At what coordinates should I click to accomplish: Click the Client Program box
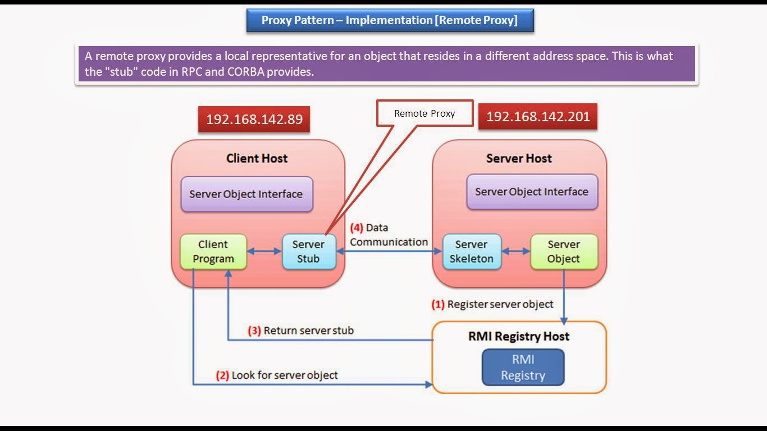pos(213,251)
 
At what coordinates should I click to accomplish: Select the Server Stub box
pos(308,251)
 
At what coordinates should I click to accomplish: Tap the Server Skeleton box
pos(471,251)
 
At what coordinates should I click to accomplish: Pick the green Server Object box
pos(564,251)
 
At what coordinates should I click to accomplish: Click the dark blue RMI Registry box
pos(523,368)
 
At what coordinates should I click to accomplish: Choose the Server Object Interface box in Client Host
pos(246,194)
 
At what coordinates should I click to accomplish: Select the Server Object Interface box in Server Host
pos(532,192)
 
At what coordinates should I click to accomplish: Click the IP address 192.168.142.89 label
pos(254,120)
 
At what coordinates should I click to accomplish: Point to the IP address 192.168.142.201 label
pos(537,117)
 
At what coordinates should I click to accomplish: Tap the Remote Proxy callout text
pos(424,113)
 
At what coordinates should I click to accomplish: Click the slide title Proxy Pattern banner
pos(390,21)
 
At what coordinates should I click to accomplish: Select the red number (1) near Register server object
pos(438,305)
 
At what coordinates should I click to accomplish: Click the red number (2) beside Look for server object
pos(222,375)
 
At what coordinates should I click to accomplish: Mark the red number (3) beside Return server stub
pos(254,331)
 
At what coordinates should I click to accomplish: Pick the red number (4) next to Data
pos(357,228)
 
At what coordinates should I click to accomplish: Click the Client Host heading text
pos(257,158)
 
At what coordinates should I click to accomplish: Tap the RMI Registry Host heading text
pos(519,337)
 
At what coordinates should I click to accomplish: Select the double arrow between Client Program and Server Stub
pos(264,251)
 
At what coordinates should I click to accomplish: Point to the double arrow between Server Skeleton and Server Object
pos(515,251)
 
